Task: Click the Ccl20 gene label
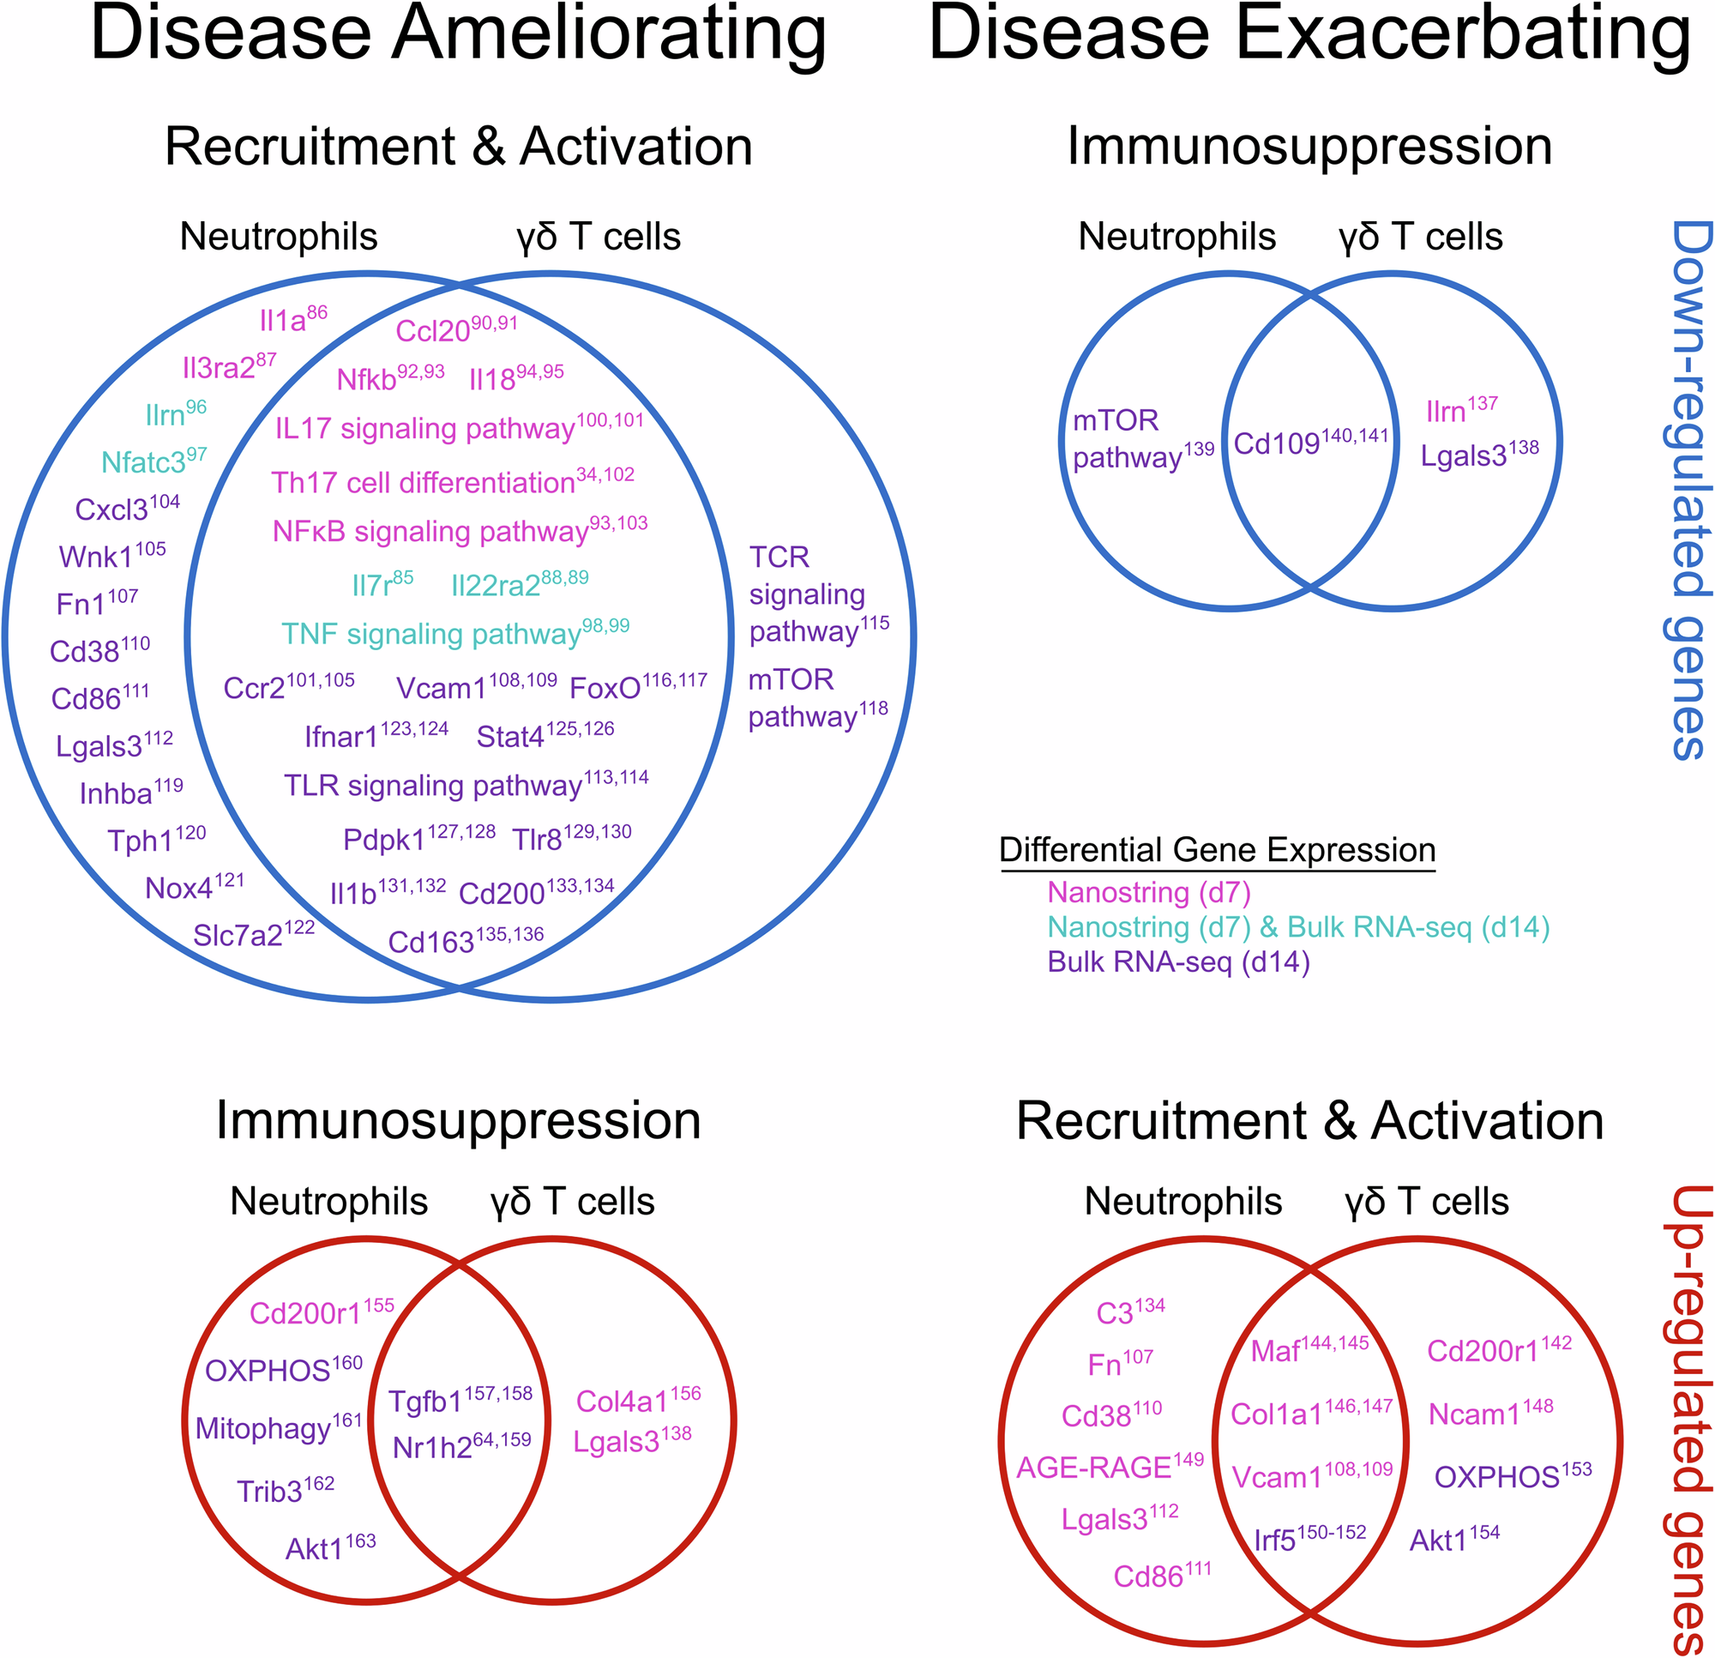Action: (x=455, y=329)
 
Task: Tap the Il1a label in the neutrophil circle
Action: (x=292, y=320)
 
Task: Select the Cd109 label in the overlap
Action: (x=1310, y=442)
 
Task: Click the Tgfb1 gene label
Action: (x=460, y=1401)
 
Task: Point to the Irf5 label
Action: (x=1309, y=1539)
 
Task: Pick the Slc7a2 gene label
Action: (x=253, y=934)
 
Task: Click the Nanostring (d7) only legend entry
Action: (x=1149, y=892)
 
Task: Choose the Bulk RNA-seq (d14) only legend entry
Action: (x=1177, y=962)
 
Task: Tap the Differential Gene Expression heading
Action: (x=1217, y=850)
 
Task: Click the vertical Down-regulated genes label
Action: (x=1688, y=491)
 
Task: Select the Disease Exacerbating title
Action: (x=1309, y=35)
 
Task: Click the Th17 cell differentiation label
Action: (x=452, y=481)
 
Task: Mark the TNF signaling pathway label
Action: (x=454, y=633)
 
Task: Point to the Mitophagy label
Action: (x=277, y=1428)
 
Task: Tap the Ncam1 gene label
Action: (x=1490, y=1414)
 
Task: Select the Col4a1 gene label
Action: (x=638, y=1401)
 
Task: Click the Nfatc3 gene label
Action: (x=153, y=461)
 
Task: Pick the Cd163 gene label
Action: (x=465, y=941)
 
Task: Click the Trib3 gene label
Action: (x=285, y=1491)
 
